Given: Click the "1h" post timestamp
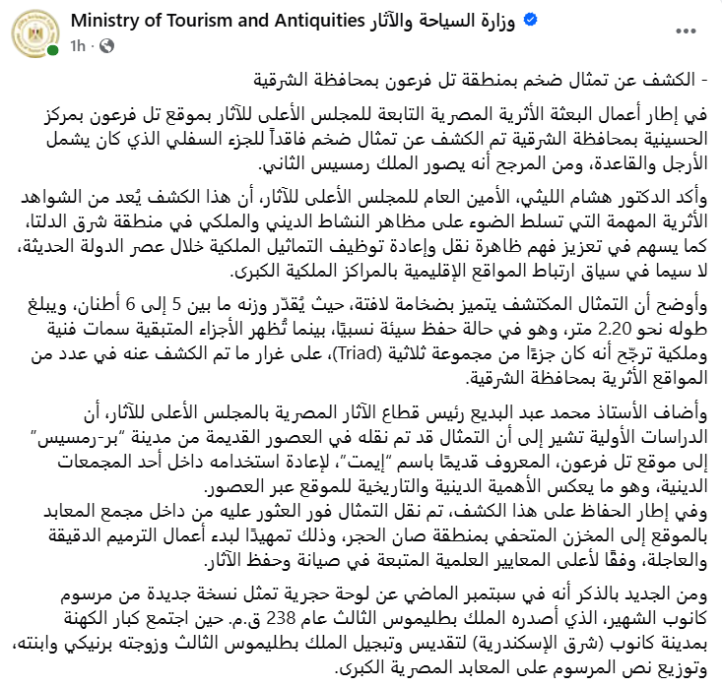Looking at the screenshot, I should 78,45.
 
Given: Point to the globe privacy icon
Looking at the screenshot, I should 105,45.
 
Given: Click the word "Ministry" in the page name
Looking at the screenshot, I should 104,21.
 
